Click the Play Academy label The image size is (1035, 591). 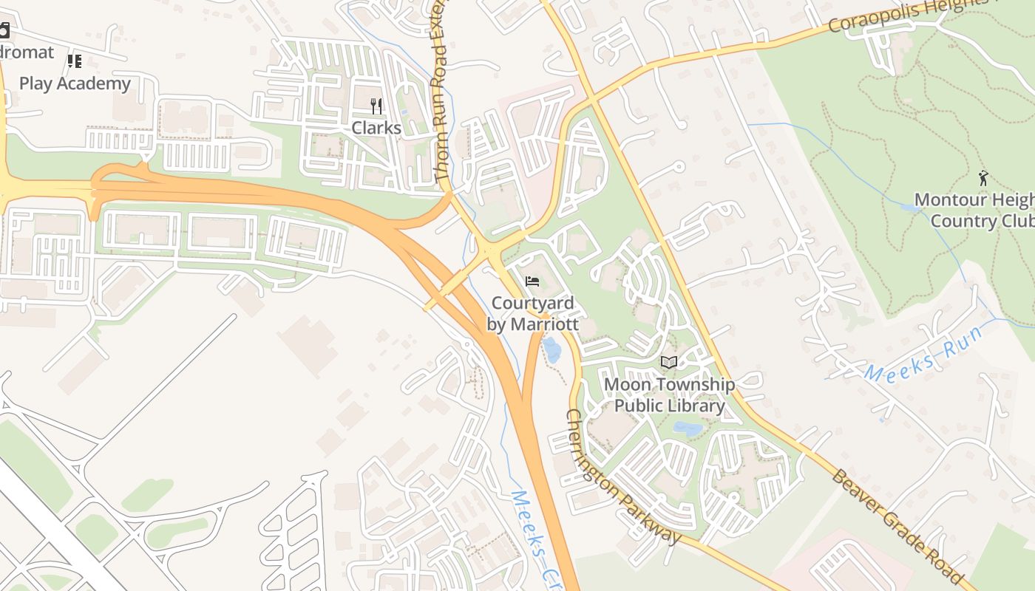point(75,83)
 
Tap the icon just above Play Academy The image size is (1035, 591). point(74,61)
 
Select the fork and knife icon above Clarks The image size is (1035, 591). point(376,106)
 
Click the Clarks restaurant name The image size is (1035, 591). point(376,128)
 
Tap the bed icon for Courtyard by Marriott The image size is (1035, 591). point(532,281)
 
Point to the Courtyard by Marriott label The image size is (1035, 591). point(532,314)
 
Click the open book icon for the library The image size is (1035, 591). point(669,362)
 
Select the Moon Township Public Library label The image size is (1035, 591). point(669,395)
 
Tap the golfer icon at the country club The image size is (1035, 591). point(984,178)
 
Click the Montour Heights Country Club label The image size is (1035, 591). point(974,211)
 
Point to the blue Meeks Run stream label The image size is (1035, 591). point(923,354)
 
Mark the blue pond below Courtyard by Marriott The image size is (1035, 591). point(552,349)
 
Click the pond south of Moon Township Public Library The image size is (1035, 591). point(688,428)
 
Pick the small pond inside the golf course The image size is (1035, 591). point(912,209)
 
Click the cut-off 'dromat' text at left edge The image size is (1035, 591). point(27,52)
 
